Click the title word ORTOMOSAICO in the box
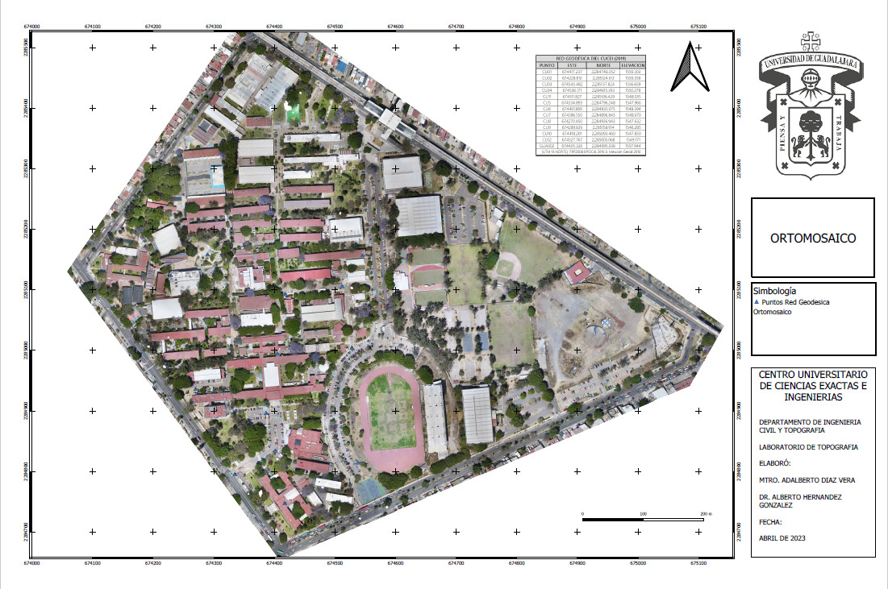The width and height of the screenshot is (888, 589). [x=812, y=239]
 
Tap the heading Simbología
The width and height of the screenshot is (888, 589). [x=774, y=290]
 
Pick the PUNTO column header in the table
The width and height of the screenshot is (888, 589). [x=547, y=64]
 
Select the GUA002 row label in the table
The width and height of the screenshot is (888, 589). [x=547, y=146]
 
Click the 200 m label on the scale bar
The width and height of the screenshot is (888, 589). [x=705, y=513]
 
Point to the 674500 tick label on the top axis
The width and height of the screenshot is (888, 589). [x=335, y=27]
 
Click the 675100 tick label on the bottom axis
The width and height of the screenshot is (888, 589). [x=699, y=563]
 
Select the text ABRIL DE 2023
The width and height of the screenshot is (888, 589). [x=782, y=537]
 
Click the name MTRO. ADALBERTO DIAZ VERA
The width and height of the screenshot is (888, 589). [x=807, y=480]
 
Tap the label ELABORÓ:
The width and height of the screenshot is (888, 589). [x=774, y=463]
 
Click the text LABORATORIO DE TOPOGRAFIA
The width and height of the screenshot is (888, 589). [x=808, y=446]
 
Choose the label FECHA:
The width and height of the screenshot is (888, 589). [x=771, y=521]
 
